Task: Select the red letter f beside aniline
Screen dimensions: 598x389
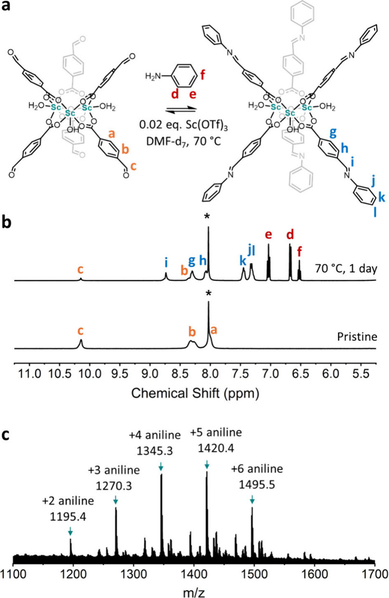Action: (x=201, y=75)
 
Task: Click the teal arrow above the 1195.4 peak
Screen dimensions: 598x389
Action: (x=71, y=531)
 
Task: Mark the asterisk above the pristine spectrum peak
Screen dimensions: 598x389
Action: (x=208, y=293)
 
